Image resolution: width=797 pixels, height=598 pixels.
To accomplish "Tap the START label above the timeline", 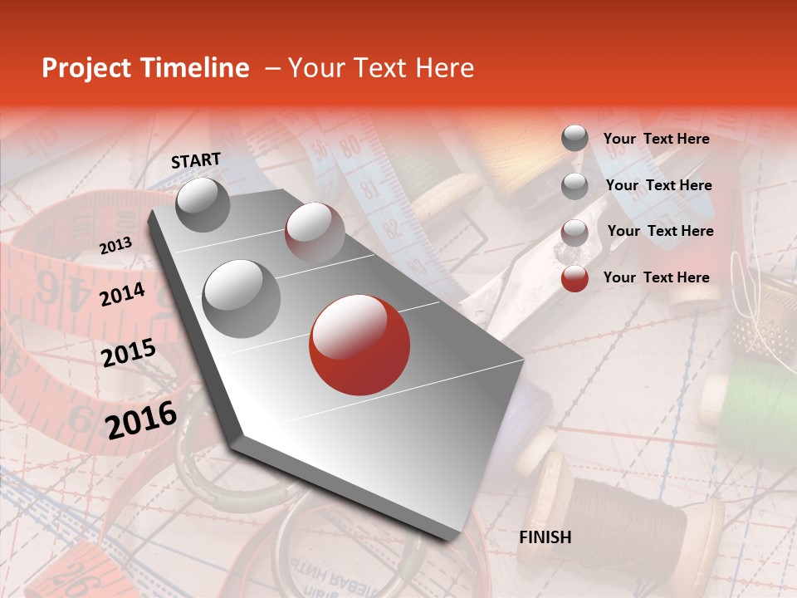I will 196,160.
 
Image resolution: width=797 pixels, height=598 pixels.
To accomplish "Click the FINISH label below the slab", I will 545,537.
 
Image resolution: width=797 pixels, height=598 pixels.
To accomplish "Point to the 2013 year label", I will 115,246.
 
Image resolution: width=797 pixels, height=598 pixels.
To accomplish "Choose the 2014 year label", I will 122,294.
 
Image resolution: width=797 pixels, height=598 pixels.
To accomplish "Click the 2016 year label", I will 141,419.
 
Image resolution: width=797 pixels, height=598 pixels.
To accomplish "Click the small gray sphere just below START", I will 203,204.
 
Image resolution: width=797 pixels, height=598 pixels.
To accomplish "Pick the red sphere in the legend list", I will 575,278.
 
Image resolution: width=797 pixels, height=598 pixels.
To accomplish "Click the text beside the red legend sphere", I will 656,277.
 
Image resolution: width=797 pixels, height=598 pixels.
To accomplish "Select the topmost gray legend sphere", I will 575,138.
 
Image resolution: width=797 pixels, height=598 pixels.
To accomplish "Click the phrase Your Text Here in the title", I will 380,68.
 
